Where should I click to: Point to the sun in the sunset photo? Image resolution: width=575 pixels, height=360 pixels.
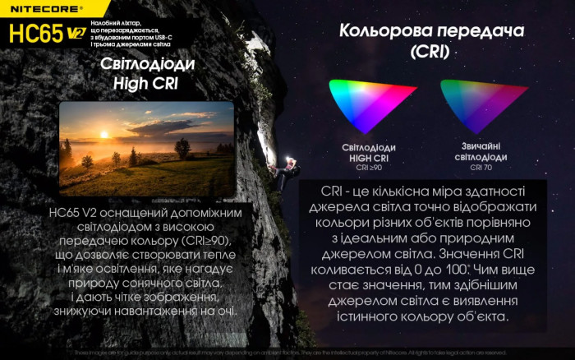[x=103, y=135]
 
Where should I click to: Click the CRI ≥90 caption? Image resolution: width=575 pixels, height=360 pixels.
[x=369, y=167]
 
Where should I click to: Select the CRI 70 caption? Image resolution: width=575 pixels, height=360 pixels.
[x=481, y=167]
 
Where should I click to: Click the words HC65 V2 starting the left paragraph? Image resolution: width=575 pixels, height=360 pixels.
[x=75, y=212]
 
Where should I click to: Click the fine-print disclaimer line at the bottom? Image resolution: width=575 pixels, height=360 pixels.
[x=287, y=353]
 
